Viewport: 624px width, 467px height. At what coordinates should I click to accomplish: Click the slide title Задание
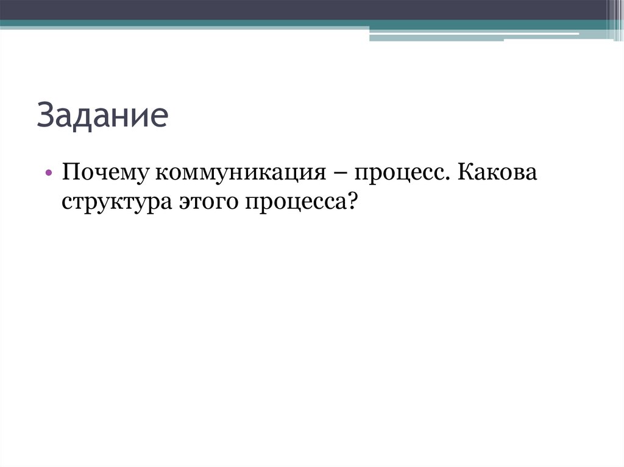tap(102, 116)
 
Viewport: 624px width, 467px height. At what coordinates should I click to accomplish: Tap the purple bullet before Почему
tap(48, 174)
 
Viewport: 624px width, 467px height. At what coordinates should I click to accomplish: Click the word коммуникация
tap(238, 174)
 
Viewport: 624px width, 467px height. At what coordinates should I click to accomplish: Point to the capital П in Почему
tap(68, 174)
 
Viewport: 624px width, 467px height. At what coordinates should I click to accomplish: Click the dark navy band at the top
tap(305, 10)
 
